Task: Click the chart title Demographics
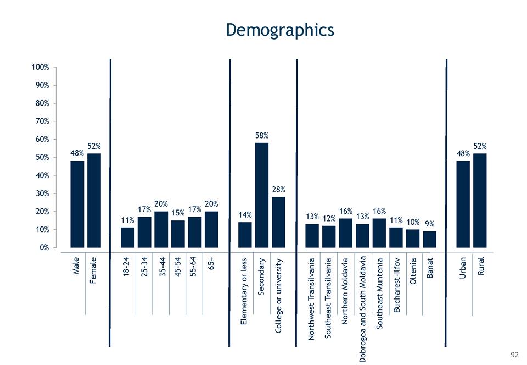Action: [280, 29]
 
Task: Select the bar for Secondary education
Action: [262, 195]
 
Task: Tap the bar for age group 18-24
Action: [127, 237]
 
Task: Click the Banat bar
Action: [429, 239]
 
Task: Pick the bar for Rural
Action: [480, 201]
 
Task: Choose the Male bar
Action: [77, 204]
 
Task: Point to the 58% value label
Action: [262, 135]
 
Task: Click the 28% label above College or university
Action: [278, 189]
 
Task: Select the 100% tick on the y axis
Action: [40, 68]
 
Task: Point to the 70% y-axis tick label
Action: [42, 121]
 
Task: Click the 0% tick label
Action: [44, 247]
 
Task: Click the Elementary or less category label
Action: [245, 291]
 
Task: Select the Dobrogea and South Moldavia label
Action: [362, 308]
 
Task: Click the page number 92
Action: [514, 355]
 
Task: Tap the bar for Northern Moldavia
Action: [345, 233]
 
